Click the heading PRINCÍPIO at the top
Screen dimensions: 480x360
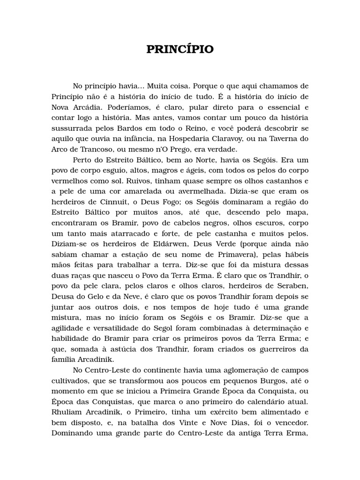coord(180,50)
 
